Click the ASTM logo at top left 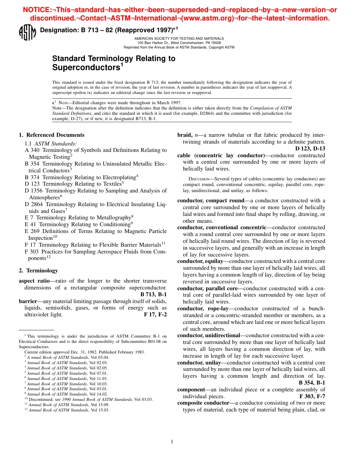pos(27,32)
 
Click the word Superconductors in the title pos(86,68)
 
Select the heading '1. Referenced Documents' pos(52,135)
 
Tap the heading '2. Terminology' pos(38,271)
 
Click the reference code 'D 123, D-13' pos(310,149)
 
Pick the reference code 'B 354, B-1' pos(312,383)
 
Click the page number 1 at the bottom pos(172,441)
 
